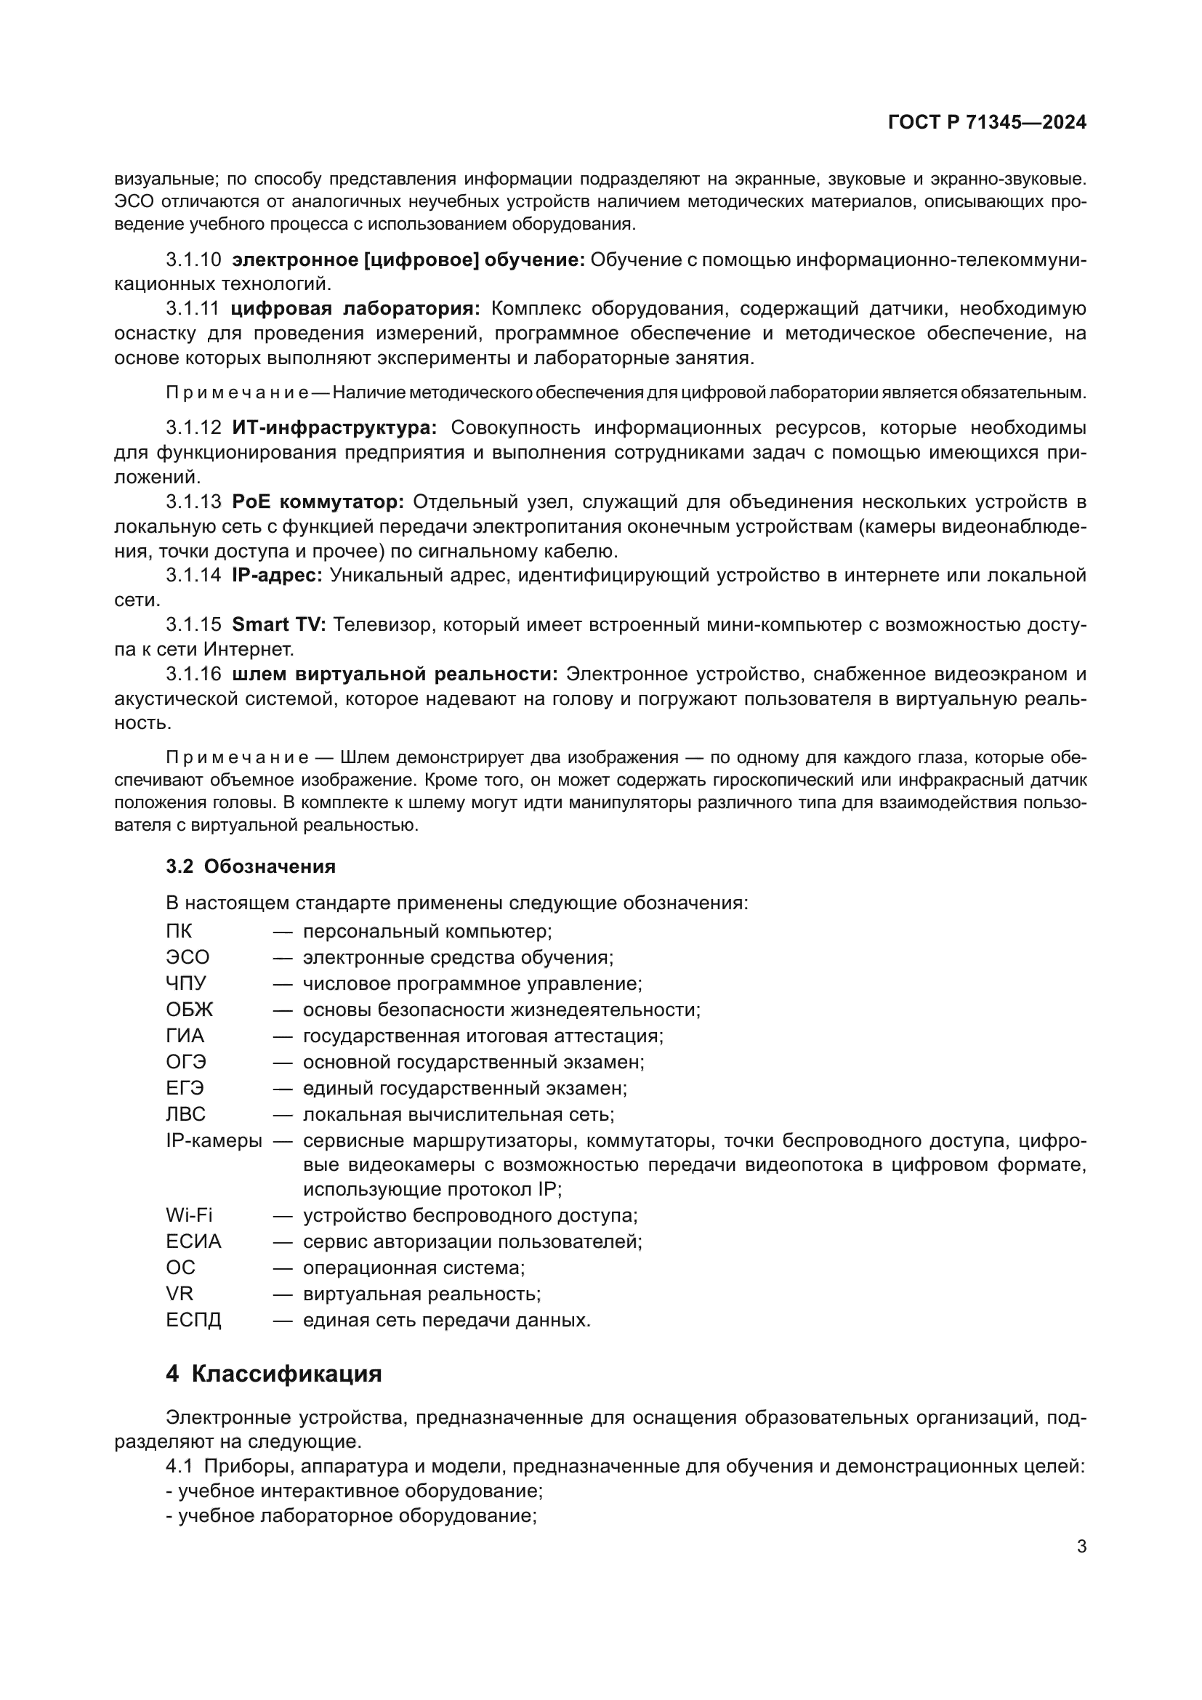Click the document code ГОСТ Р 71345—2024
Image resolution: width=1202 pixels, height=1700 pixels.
pos(987,122)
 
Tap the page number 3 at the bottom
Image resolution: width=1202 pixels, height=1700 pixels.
pos(1081,1547)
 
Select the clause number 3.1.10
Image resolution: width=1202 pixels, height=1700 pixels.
pos(193,260)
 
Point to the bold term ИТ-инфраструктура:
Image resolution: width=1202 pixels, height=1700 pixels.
pos(334,428)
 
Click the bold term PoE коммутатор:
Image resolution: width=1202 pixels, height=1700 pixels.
pos(318,502)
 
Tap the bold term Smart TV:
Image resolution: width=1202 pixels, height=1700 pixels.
pos(278,625)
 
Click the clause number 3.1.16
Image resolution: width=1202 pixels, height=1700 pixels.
pos(193,674)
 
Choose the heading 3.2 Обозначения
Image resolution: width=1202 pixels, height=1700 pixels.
pos(250,866)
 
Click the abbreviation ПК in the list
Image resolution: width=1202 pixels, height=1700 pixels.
pos(178,932)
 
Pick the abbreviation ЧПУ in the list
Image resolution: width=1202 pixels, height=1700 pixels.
pos(186,984)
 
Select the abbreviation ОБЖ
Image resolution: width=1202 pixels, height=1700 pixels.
pos(190,1010)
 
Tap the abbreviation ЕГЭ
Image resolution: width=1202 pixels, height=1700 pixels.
pos(185,1089)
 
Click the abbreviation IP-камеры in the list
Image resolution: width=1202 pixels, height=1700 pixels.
pos(213,1141)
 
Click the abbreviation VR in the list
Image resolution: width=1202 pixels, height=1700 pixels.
pos(179,1294)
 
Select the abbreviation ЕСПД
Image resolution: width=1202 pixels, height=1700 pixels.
pos(193,1320)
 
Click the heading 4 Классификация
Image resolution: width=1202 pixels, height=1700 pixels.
pos(273,1374)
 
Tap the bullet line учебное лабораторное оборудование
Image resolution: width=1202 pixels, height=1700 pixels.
pos(352,1515)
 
